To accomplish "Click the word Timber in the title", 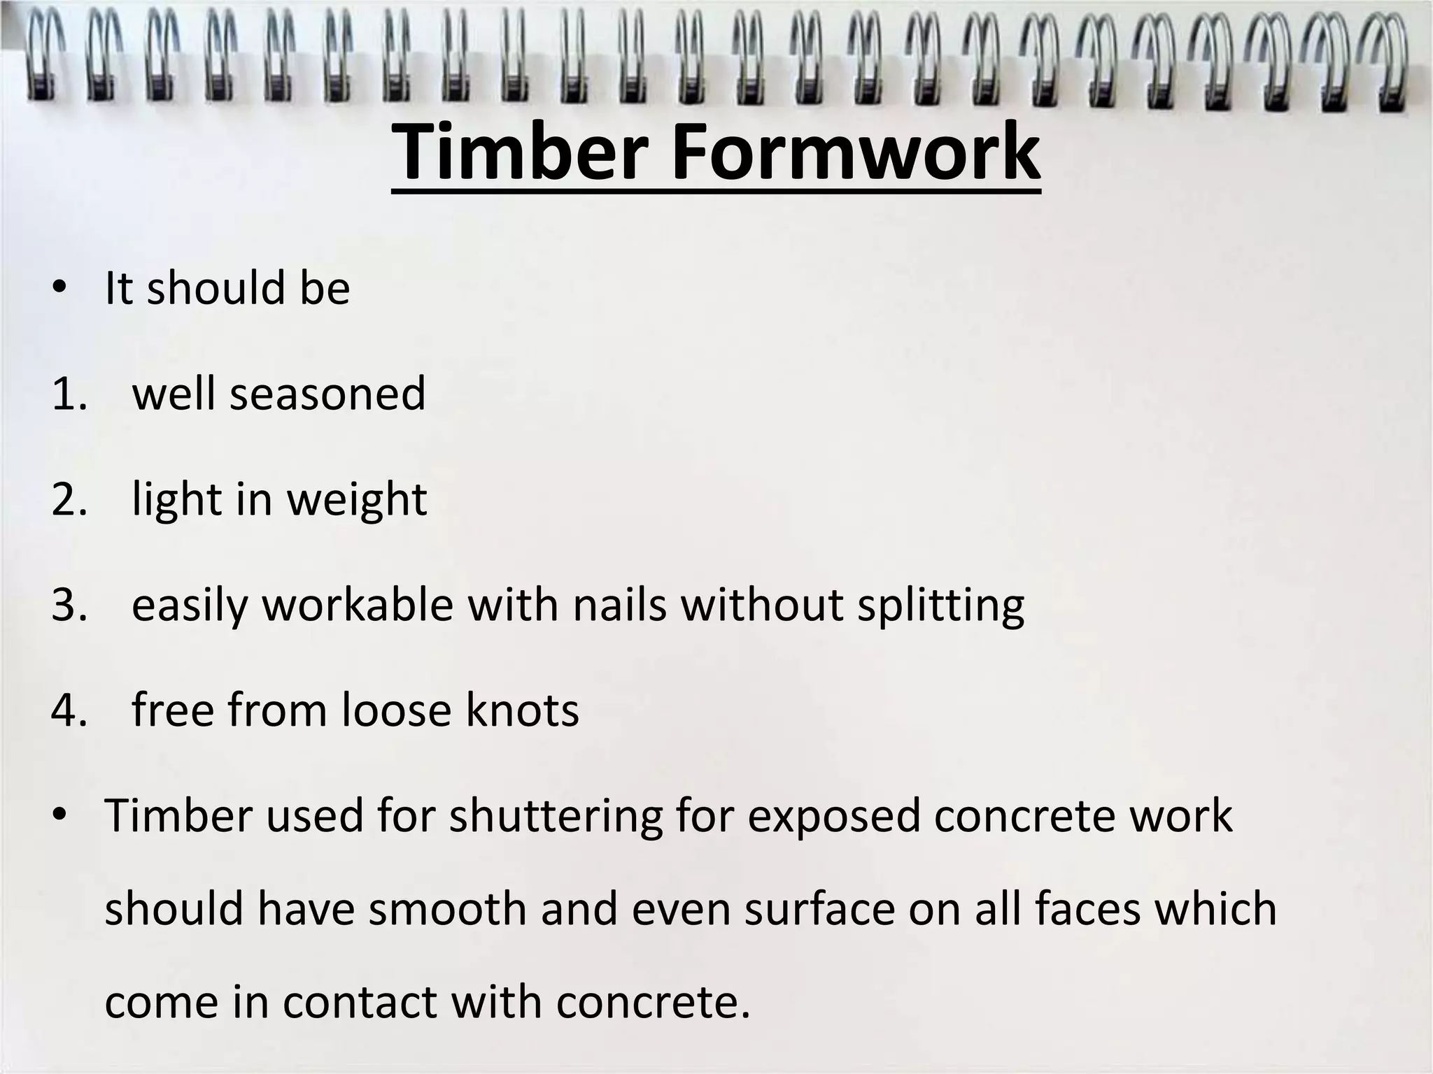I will [522, 152].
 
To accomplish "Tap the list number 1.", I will [69, 394].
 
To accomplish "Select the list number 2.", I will [69, 499].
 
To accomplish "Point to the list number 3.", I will [69, 605].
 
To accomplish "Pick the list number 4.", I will [69, 710].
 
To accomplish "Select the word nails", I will [620, 605].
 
